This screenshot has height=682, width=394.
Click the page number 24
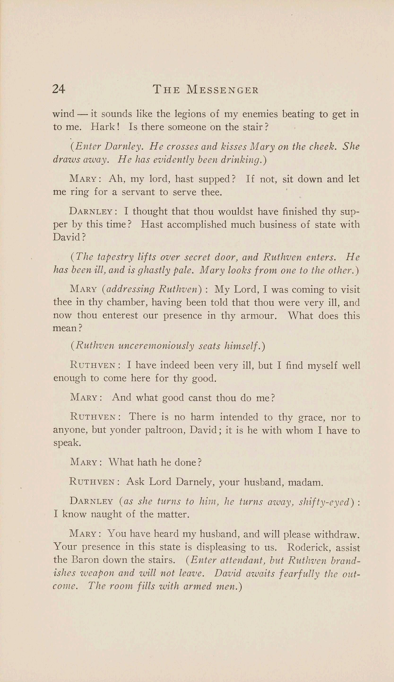(58, 89)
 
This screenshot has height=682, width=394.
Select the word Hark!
(105, 127)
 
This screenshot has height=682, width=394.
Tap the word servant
(138, 192)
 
